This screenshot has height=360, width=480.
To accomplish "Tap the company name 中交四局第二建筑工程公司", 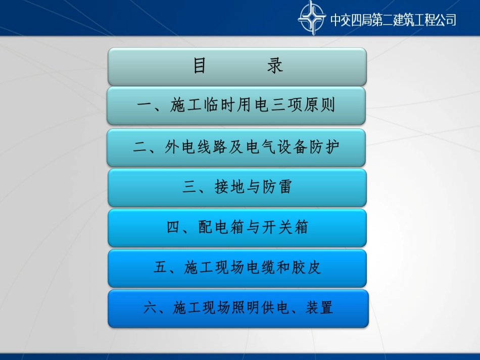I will point(393,20).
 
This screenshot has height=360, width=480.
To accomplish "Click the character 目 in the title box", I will point(200,66).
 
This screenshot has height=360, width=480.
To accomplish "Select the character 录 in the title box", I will point(275,66).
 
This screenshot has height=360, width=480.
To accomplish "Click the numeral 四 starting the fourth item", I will point(173,228).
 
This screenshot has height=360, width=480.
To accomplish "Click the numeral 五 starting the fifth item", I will point(161,268).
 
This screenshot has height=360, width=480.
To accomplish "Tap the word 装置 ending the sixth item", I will point(319,307).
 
